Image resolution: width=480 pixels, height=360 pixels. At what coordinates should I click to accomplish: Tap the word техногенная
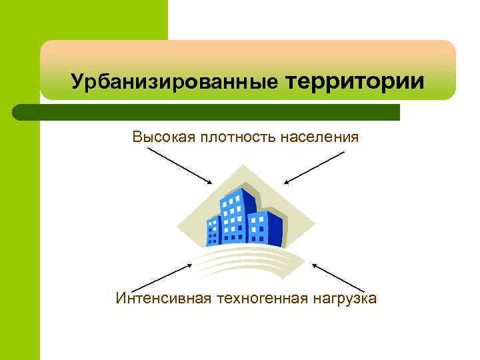(261, 297)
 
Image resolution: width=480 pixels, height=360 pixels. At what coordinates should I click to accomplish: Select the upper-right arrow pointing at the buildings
(314, 167)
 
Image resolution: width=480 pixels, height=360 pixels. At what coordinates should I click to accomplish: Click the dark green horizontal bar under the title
(213, 112)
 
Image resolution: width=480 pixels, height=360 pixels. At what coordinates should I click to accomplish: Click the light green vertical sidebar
(20, 233)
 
